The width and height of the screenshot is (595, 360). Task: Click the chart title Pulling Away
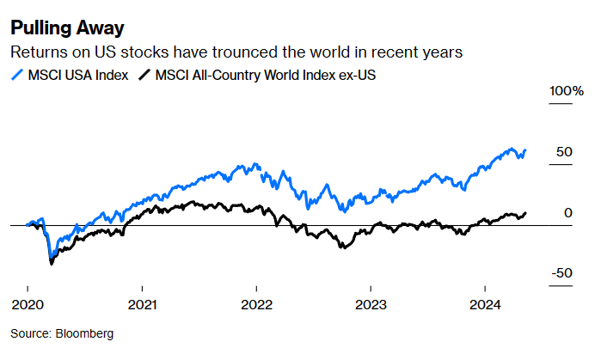(67, 28)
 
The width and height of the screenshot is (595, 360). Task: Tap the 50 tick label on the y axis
(564, 151)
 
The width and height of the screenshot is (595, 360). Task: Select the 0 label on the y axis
(567, 212)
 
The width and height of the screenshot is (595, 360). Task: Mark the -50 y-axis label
(561, 272)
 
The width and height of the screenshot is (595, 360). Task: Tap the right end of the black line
(526, 212)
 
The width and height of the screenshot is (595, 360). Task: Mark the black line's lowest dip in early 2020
(51, 264)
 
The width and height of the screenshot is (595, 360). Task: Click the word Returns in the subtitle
(34, 53)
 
